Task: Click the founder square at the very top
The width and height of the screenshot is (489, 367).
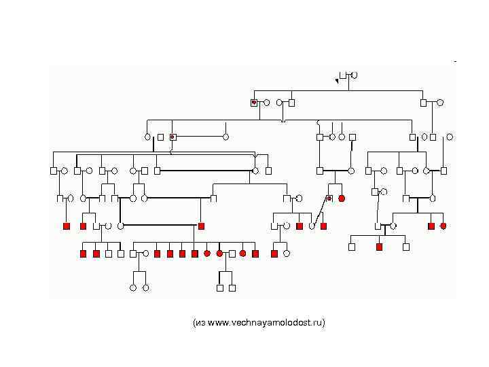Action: coord(344,75)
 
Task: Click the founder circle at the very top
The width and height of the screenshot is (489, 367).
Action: coord(354,75)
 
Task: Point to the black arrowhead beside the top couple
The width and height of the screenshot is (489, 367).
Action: coord(336,81)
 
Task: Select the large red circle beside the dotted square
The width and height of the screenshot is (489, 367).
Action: coord(342,198)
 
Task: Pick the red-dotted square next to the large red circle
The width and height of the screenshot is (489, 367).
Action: coord(329,198)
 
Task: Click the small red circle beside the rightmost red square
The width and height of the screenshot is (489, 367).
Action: coord(443,226)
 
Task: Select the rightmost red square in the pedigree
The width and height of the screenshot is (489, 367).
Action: coord(431,226)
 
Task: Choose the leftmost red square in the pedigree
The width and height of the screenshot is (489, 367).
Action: coord(67,226)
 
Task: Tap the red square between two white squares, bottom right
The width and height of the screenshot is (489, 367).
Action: coord(379,247)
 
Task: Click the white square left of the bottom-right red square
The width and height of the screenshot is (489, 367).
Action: coord(352,247)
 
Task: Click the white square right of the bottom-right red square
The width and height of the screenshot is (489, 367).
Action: coord(406,247)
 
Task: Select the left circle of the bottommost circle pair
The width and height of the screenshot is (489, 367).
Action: coord(133,287)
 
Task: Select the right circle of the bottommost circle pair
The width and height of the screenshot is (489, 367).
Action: coord(145,287)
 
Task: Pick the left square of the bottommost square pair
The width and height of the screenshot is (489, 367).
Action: coord(220,287)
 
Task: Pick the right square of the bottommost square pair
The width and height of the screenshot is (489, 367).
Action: coord(232,287)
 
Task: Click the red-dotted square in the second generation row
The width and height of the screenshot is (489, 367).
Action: coord(254,103)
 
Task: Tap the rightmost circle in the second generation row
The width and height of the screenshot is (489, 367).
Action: coord(440,103)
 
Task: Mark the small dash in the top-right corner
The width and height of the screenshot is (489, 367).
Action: coord(455,61)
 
